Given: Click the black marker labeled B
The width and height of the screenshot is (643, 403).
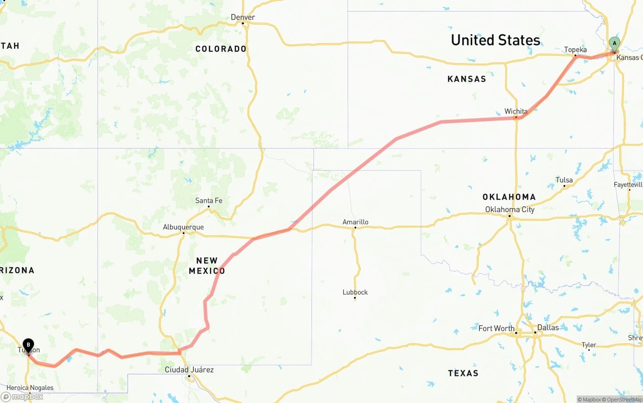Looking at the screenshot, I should [29, 346].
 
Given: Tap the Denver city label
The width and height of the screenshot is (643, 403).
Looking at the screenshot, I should [243, 18].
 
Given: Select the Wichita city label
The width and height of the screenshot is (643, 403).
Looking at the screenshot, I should [516, 111].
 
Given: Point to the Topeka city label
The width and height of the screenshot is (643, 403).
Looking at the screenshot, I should [575, 50].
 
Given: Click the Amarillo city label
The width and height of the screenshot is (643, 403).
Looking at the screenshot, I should [355, 222].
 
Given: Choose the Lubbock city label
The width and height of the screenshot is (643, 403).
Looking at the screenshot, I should [355, 292].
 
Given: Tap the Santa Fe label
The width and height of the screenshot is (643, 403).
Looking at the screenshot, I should [208, 201].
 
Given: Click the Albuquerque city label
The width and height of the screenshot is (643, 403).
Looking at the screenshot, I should [183, 227].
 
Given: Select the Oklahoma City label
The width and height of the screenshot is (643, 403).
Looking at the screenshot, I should [509, 209].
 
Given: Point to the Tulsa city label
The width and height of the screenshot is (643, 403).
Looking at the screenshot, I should [564, 180].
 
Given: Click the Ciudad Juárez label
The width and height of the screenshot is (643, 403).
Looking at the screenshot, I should [189, 370].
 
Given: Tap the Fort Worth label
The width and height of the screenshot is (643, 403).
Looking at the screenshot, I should [496, 328].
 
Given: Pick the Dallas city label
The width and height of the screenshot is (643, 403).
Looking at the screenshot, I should [548, 327].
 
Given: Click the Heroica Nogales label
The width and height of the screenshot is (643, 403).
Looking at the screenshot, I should [30, 387].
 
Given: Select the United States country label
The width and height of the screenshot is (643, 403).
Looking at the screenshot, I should [495, 40].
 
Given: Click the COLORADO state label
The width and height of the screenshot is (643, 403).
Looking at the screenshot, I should [221, 49].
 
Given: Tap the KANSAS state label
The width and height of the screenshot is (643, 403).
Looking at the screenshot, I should [467, 79].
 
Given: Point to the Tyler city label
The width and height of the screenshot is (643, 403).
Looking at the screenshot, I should [589, 345].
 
